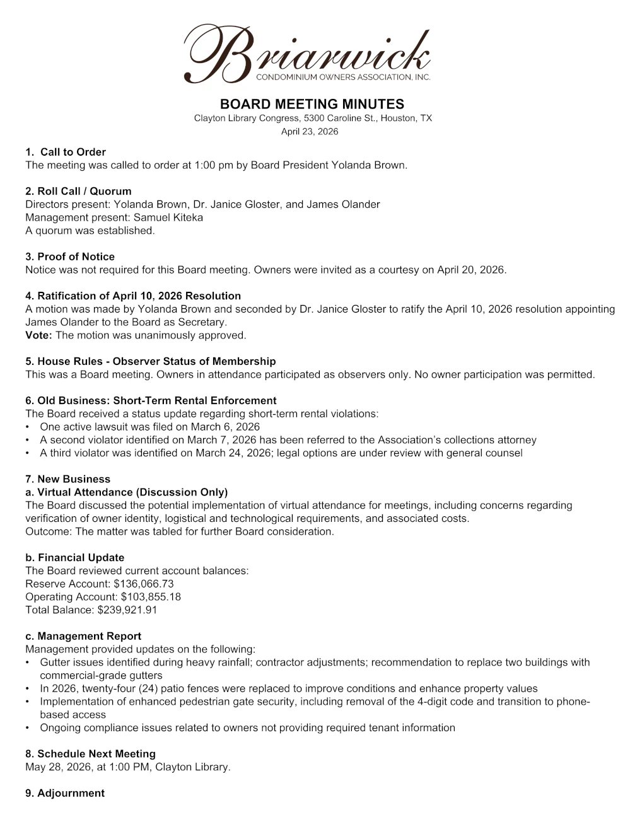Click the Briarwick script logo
(x=307, y=54)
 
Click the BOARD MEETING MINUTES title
(x=312, y=104)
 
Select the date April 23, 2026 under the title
(x=310, y=132)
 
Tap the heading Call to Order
(x=73, y=152)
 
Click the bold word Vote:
(x=38, y=335)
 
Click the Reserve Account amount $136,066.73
(x=144, y=584)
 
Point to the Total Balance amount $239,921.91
(x=127, y=610)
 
